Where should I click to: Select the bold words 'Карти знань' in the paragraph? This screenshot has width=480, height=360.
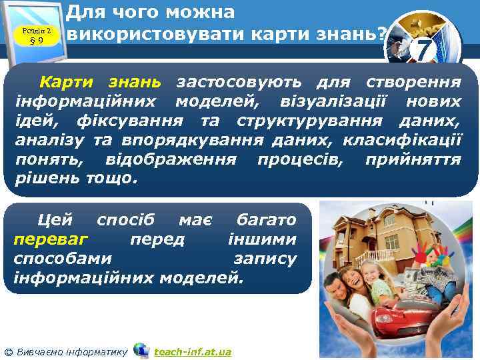coord(100,83)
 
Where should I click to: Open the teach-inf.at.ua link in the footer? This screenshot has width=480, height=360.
coord(193,351)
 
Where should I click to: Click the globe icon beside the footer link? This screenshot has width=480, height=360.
coord(141,350)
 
